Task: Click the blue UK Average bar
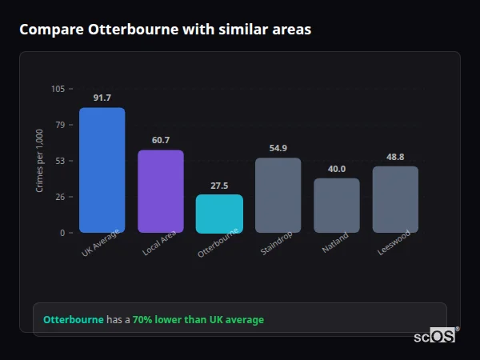(x=102, y=170)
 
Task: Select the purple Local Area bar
(x=160, y=191)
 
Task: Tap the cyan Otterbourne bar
(x=219, y=214)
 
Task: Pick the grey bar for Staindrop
(x=278, y=195)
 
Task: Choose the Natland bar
(x=336, y=205)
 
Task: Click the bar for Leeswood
(x=395, y=199)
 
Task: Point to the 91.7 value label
(x=102, y=98)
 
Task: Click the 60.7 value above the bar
(x=160, y=140)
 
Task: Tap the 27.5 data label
(x=219, y=185)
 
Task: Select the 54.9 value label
(x=278, y=148)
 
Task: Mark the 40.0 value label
(x=336, y=168)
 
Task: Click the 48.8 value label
(x=395, y=157)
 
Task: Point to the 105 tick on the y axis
(x=58, y=89)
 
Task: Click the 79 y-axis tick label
(x=60, y=125)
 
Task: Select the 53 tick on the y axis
(x=60, y=161)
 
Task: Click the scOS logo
(x=434, y=336)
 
